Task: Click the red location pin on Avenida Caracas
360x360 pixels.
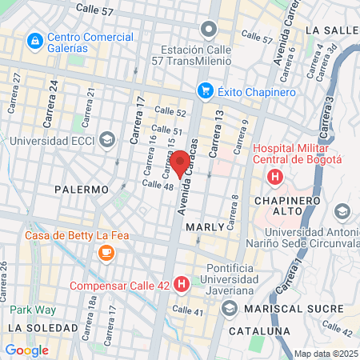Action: coord(180,162)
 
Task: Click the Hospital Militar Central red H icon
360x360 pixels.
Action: coord(274,176)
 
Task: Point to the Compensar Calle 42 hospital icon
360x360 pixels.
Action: coord(182,284)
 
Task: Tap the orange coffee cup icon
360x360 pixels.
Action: coord(106,252)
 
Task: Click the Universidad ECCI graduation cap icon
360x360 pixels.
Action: coord(106,141)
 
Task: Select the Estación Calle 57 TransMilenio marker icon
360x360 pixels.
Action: coord(209,30)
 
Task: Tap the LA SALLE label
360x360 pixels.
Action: coord(330,30)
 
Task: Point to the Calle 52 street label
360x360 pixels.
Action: coord(170,113)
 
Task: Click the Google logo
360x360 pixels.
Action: coord(26,350)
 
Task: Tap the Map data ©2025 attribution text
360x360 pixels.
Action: coord(325,354)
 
